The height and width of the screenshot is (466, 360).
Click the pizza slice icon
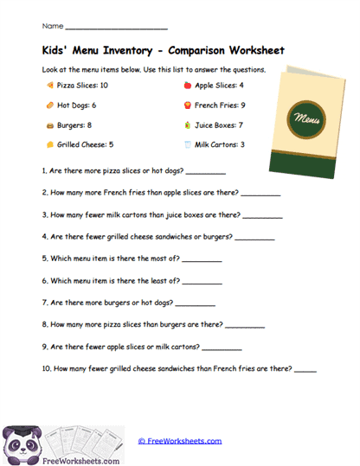pos(48,86)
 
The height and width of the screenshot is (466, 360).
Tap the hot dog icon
pos(48,105)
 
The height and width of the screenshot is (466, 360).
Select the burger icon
pos(48,125)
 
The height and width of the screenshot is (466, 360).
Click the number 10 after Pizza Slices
pos(104,86)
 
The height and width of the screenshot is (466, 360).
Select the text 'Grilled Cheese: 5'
pos(85,145)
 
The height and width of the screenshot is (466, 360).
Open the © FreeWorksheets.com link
pos(180,441)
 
